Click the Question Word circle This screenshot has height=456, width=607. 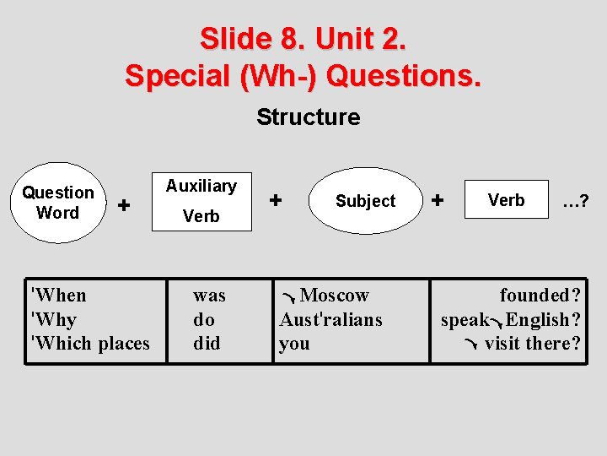(x=58, y=203)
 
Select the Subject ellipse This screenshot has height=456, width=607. (x=365, y=201)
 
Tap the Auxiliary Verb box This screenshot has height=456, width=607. (x=201, y=201)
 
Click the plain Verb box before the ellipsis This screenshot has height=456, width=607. (x=506, y=200)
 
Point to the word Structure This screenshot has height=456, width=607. (x=308, y=117)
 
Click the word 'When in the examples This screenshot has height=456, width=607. (x=58, y=296)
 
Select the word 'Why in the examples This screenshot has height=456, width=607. (x=53, y=320)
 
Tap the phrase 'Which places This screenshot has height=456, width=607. (x=89, y=344)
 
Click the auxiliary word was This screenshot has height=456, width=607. (x=209, y=296)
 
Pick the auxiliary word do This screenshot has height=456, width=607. (x=204, y=320)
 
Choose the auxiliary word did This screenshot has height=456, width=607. (x=207, y=344)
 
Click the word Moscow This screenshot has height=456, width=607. (x=335, y=296)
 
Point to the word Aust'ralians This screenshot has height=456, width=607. (x=330, y=320)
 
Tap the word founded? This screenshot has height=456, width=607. (x=540, y=296)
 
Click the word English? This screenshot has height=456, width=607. (x=543, y=320)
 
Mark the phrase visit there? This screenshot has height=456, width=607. (x=532, y=344)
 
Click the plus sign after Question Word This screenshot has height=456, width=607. (x=124, y=204)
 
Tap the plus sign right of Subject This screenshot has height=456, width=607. (x=437, y=200)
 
